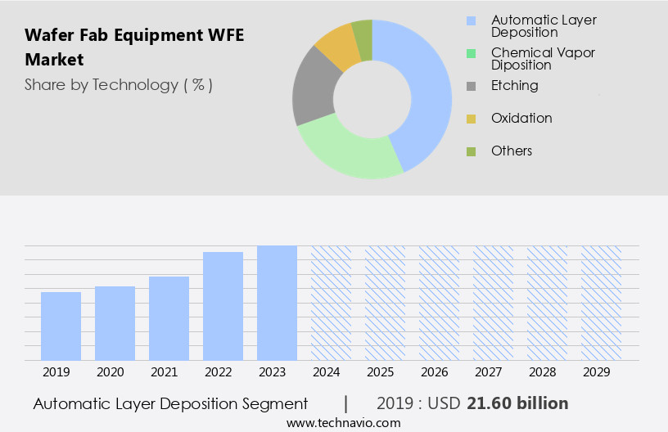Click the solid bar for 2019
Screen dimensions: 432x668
coord(61,326)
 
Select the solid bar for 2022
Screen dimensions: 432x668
coord(223,306)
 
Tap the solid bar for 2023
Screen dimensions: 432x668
coord(277,303)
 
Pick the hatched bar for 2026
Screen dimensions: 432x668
coord(439,303)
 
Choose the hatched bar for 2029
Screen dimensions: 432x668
coord(601,303)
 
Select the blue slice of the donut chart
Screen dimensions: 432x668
coord(426,90)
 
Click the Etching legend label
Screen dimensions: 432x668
coord(514,85)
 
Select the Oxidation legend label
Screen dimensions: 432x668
coord(521,118)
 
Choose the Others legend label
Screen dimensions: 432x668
coord(512,151)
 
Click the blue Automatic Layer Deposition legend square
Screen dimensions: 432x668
coord(471,20)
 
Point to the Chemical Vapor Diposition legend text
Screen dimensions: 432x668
coord(543,58)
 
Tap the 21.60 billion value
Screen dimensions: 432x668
coord(517,403)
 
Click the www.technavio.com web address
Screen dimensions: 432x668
coord(343,423)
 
